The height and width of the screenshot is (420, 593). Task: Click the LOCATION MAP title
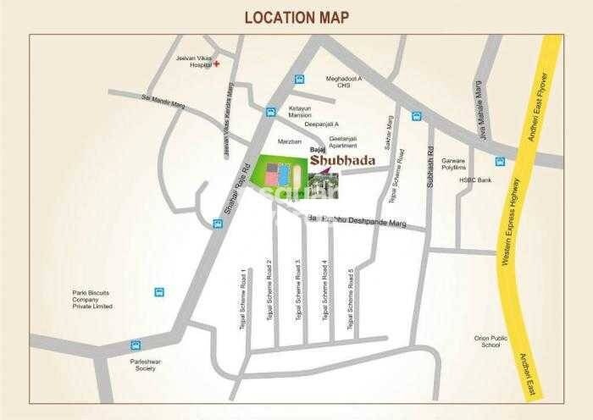(x=296, y=17)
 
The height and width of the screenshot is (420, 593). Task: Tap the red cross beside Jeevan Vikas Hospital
(x=217, y=64)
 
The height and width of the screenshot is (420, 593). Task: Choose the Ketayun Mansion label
(x=302, y=112)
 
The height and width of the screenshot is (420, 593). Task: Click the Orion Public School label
(x=491, y=341)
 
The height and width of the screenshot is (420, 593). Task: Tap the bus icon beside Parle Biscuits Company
(x=158, y=292)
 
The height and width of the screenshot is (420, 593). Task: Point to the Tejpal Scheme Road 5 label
(x=351, y=293)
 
